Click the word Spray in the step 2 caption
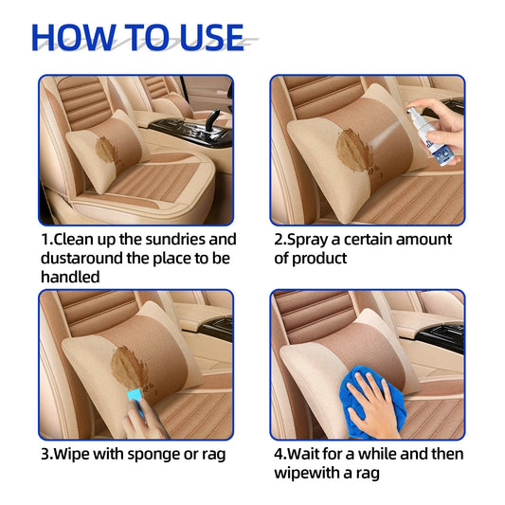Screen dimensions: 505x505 tap(305, 240)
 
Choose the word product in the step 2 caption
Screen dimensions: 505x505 tap(319, 259)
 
